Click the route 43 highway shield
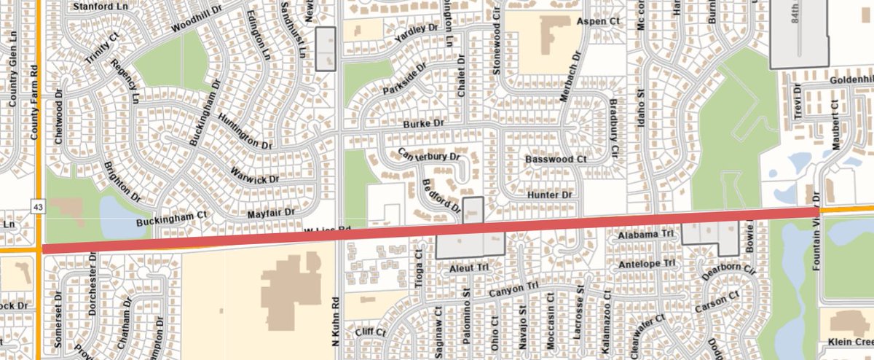[x=36, y=208]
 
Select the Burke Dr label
[x=423, y=125]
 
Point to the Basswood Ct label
[x=556, y=158]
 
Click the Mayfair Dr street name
[x=270, y=213]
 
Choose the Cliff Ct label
[x=370, y=332]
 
